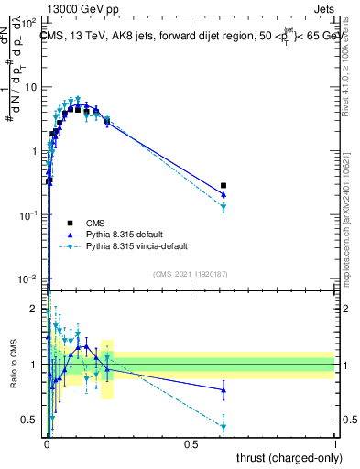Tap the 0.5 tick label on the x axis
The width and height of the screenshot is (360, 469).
[191, 444]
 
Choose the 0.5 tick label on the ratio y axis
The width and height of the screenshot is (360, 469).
[30, 420]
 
